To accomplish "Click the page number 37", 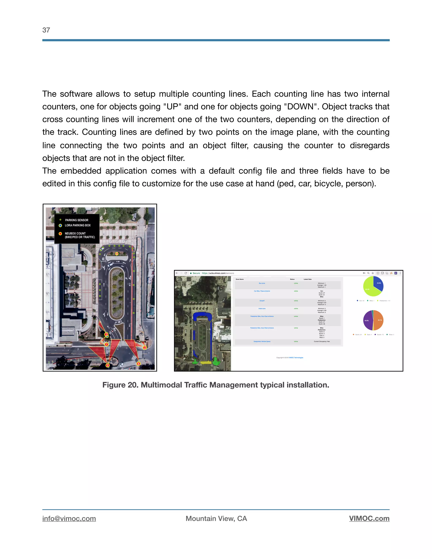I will (46, 30).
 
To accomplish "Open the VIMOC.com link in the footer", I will (369, 518).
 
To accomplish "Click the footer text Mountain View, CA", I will (216, 518).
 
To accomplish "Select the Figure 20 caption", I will (216, 385).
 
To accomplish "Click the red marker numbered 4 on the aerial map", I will (117, 254).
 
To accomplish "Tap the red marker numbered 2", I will (144, 348).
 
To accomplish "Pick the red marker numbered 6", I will (138, 363).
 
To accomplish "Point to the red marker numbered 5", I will (108, 365).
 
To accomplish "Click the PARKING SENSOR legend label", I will (77, 220).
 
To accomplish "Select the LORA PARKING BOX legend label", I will (78, 225).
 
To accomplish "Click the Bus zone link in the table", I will (262, 283).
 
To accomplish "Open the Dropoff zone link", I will (262, 301).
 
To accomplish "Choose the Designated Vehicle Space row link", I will (262, 342).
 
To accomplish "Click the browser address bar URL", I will (218, 273).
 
